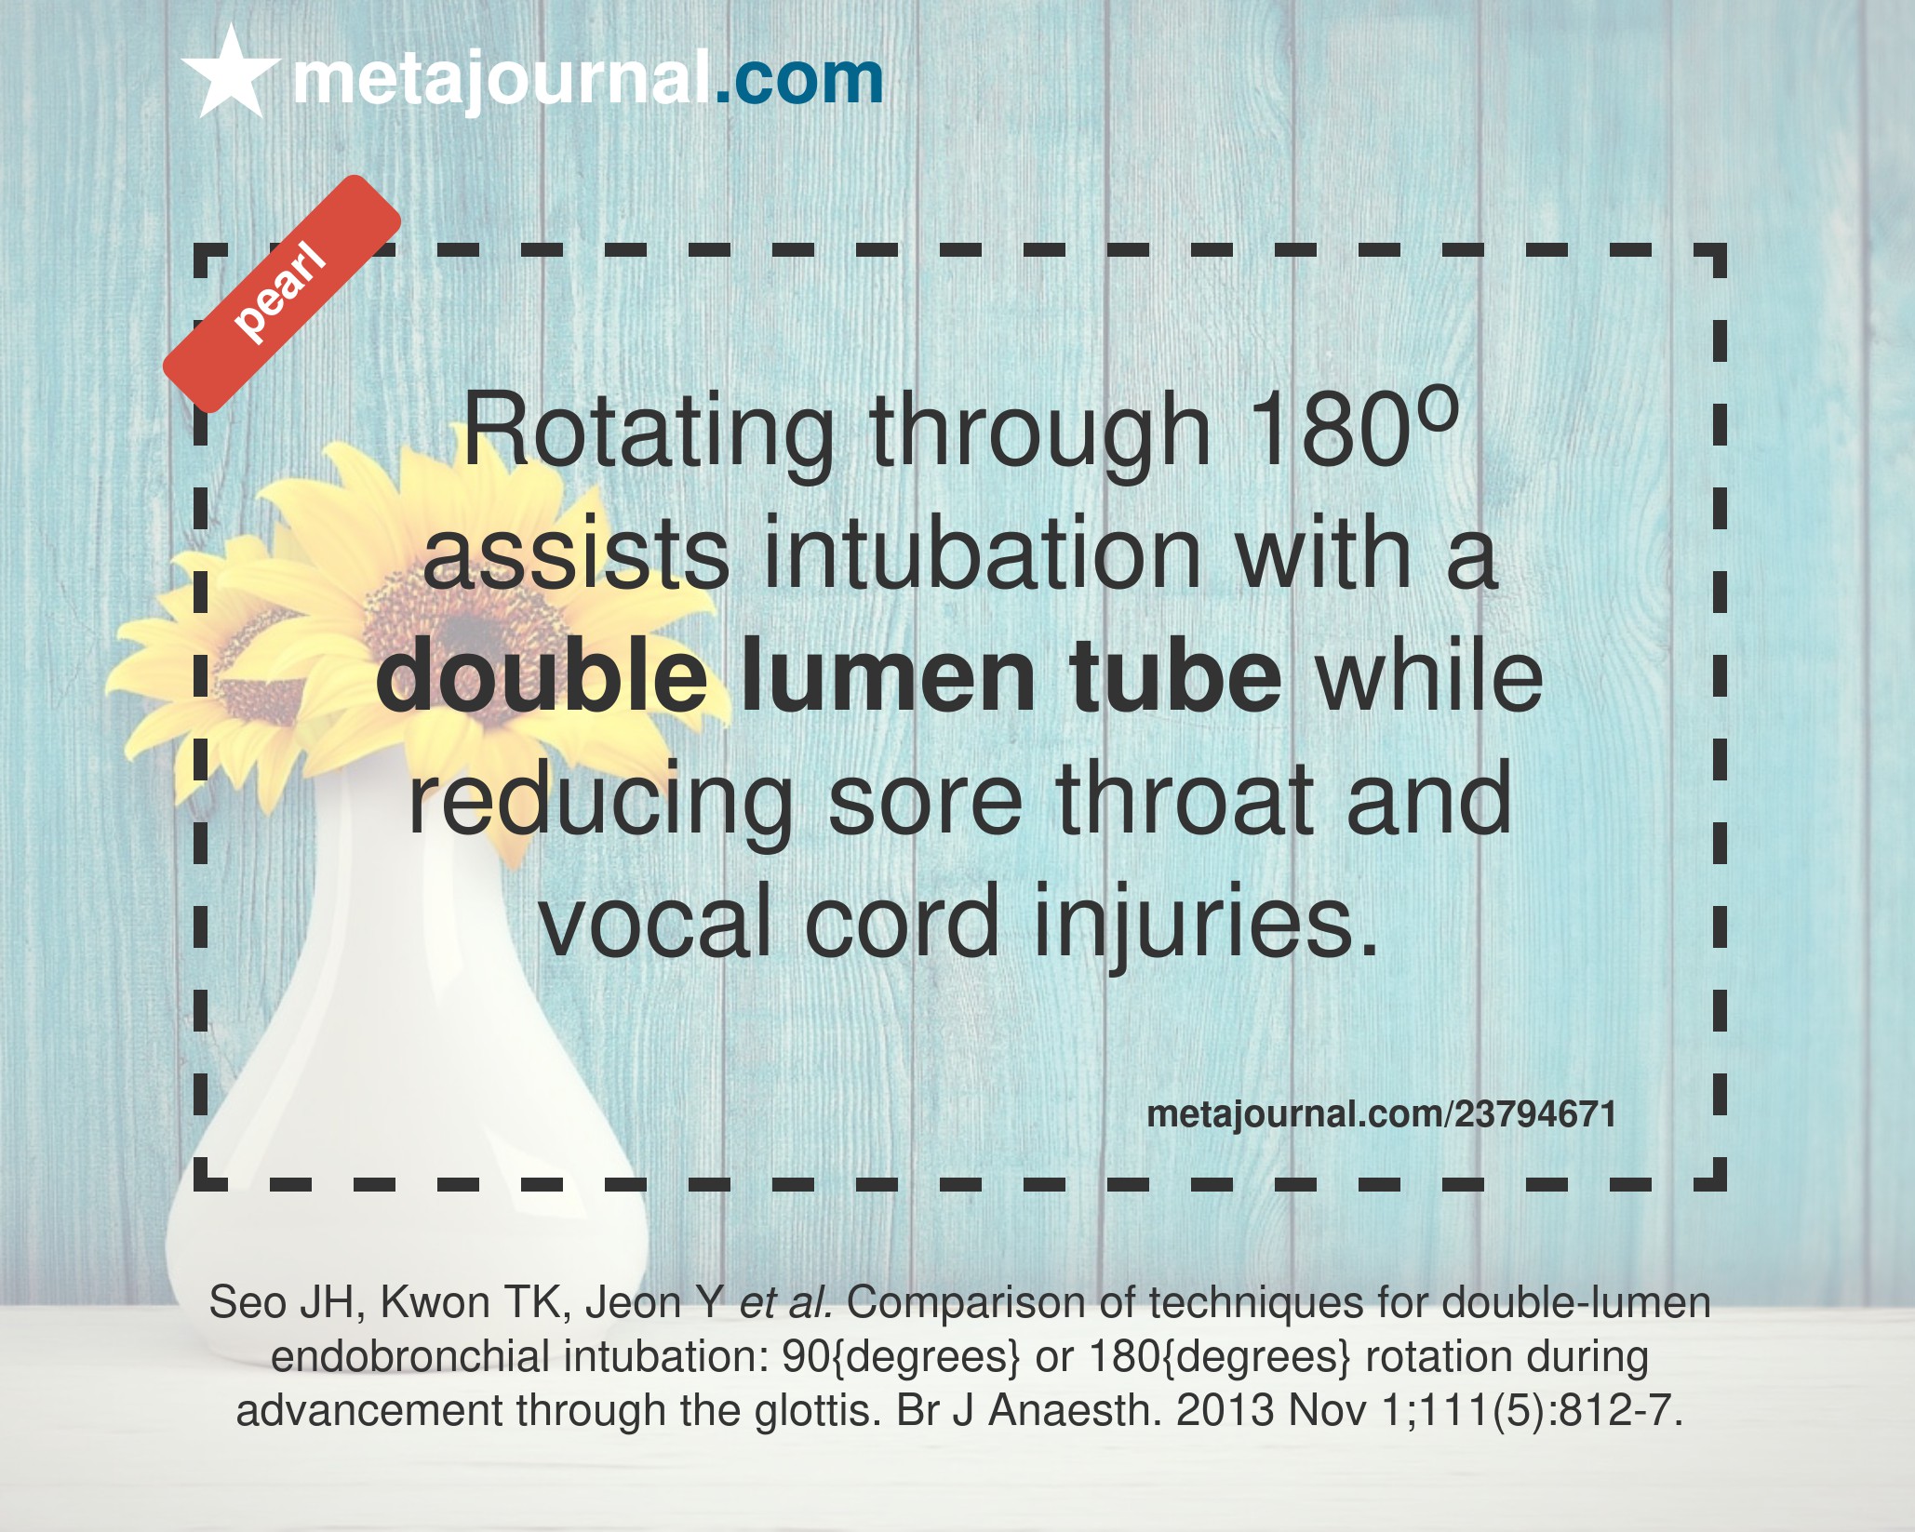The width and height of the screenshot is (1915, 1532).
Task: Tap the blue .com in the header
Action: point(798,79)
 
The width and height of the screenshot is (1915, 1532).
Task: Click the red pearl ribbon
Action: point(282,294)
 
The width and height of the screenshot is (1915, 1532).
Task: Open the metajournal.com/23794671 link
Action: point(1381,1114)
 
